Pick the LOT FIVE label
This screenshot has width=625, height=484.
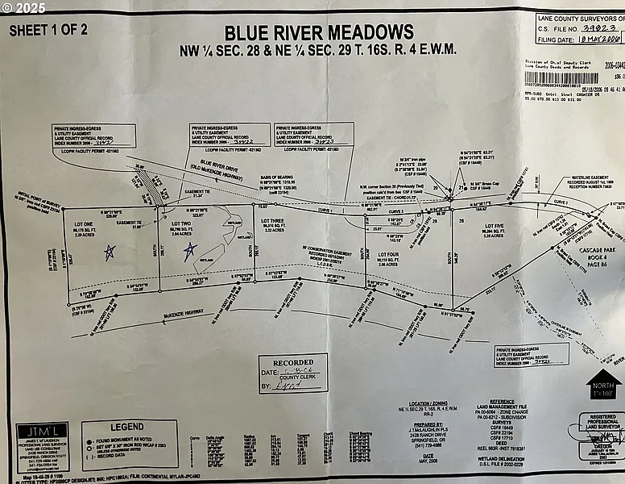click(x=493, y=227)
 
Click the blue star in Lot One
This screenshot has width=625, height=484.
click(x=110, y=252)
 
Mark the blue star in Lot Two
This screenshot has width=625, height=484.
click(x=189, y=252)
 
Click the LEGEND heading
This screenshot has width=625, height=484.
click(x=128, y=427)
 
